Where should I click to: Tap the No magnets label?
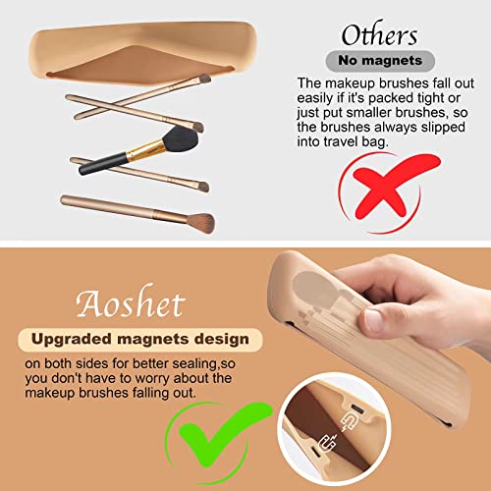tap(380, 61)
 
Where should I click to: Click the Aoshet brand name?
tap(131, 301)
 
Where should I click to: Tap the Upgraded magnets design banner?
tap(140, 340)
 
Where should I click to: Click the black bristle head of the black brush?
tap(181, 138)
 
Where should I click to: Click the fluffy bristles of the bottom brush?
tap(202, 223)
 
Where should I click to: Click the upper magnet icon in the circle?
tap(349, 422)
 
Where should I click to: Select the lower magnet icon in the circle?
tap(328, 442)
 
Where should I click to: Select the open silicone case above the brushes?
tap(143, 53)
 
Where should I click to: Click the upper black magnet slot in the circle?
tap(357, 409)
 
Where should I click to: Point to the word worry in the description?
tap(153, 379)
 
